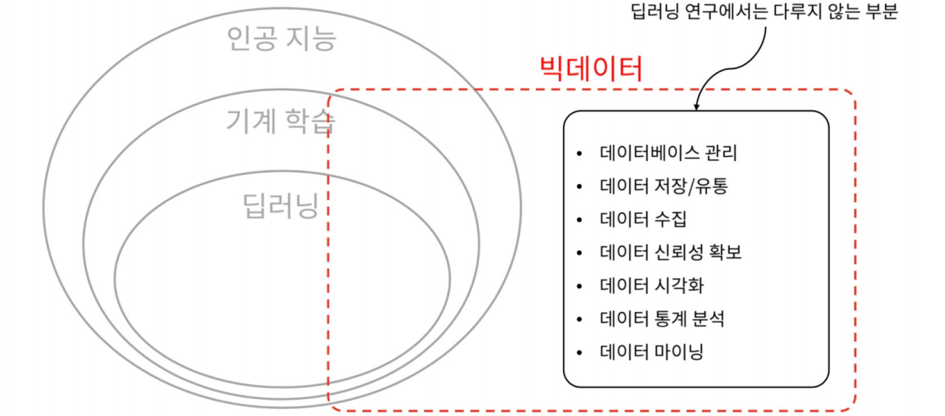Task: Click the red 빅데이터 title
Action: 590,70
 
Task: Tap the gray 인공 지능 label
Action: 281,39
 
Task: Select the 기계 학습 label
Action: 281,120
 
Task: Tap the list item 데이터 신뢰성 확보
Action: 671,252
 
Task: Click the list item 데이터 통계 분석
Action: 662,319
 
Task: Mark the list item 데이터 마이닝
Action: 652,352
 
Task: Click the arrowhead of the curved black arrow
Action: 696,108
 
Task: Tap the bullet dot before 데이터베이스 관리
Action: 580,154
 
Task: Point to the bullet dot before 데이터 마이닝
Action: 580,353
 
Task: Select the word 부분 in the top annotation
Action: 881,12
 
